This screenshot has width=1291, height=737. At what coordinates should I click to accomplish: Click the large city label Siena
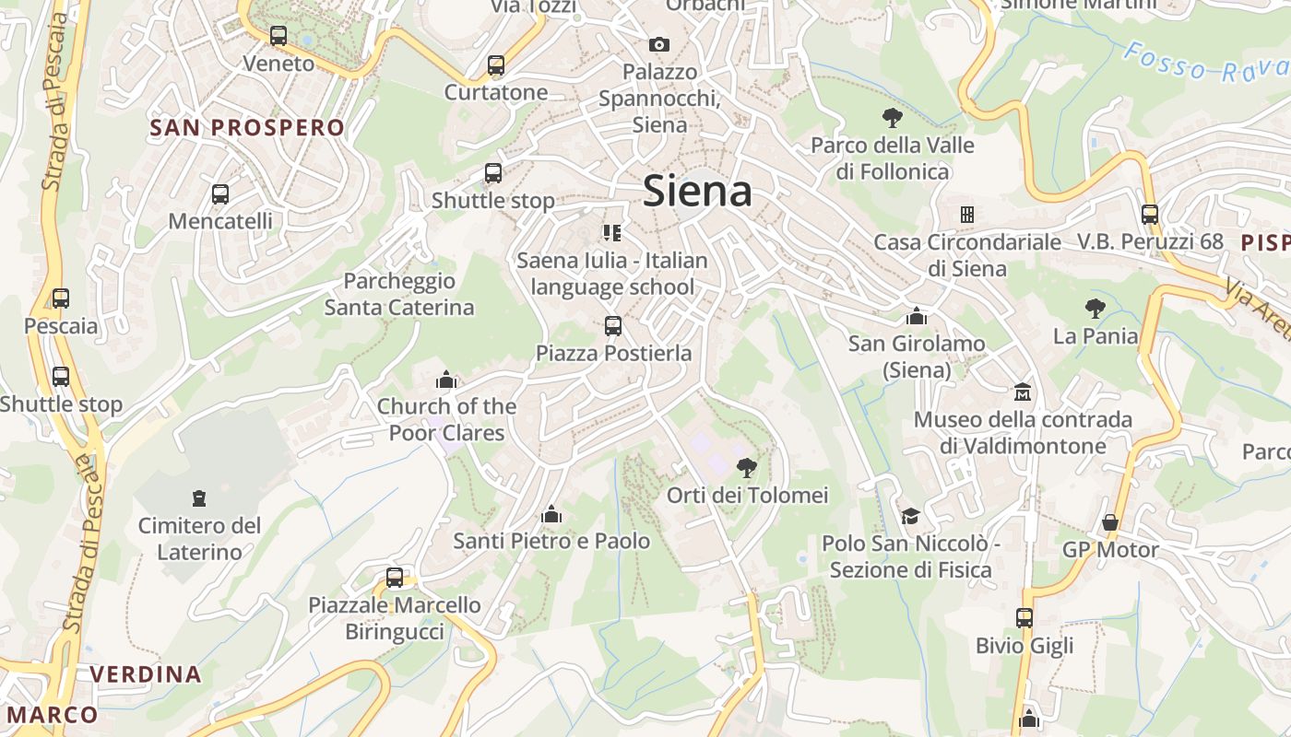pos(697,191)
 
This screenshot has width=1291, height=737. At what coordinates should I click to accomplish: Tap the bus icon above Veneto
pos(278,37)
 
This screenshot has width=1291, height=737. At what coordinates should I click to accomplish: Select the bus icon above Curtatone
pos(496,65)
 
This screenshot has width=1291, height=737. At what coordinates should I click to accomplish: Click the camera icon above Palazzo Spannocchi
pos(658,44)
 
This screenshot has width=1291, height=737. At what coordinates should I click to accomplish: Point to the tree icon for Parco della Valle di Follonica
pos(892,118)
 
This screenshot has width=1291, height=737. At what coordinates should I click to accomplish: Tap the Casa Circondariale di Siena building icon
pos(966,215)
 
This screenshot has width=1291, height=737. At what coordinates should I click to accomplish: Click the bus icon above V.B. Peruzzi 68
pos(1150,215)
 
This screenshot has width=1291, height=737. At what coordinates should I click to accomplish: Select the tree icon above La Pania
pos(1096,309)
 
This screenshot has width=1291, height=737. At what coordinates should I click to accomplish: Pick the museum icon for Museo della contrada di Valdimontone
pos(1023,392)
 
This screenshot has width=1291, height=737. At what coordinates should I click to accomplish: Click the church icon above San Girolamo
pos(917,316)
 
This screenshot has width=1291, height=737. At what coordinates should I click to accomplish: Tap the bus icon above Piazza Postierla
pos(613,325)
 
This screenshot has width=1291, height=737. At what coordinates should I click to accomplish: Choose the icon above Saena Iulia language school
pos(612,233)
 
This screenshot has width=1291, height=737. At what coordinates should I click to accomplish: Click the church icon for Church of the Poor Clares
pos(446,379)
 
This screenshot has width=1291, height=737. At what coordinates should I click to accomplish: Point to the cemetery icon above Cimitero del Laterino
pos(198,498)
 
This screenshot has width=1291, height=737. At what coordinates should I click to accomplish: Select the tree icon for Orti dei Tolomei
pos(747,468)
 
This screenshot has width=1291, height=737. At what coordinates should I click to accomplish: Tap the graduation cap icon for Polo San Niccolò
pos(911,516)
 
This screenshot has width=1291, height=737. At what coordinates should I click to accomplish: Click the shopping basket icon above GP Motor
pos(1110,522)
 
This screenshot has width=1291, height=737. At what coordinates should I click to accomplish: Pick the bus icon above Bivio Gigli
pos(1025,618)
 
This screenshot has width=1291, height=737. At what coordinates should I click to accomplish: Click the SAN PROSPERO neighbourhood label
pos(247,128)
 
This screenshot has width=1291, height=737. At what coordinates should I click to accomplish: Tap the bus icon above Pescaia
pos(61,298)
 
